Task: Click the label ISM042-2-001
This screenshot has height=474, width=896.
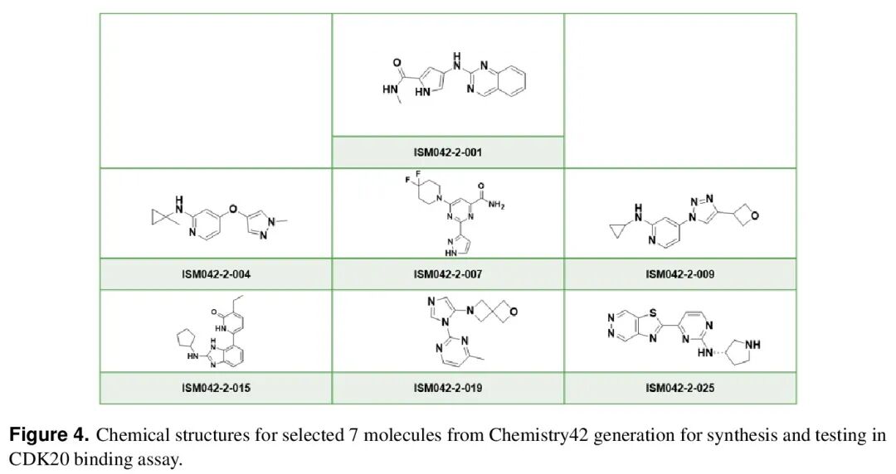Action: pyautogui.click(x=447, y=152)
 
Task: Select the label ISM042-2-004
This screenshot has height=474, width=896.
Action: pyautogui.click(x=216, y=274)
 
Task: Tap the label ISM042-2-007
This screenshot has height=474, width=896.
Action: pyautogui.click(x=447, y=274)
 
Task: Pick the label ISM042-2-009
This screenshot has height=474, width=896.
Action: pyautogui.click(x=679, y=274)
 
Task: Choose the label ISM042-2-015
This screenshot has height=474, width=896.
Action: pyautogui.click(x=216, y=388)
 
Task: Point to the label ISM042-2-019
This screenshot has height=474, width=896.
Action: pyautogui.click(x=447, y=388)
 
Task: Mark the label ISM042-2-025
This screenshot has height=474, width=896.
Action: pyautogui.click(x=679, y=388)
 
